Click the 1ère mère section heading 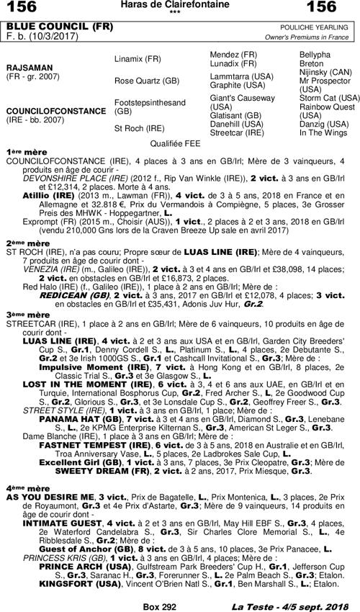20,153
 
